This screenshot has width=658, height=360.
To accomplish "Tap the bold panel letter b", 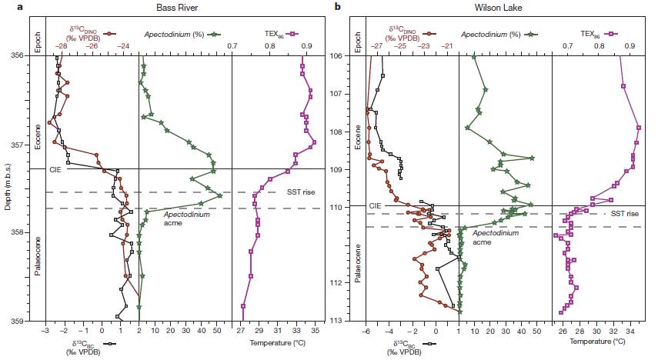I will point(337,6).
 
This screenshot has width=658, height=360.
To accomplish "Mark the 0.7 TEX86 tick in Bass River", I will point(232,46).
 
